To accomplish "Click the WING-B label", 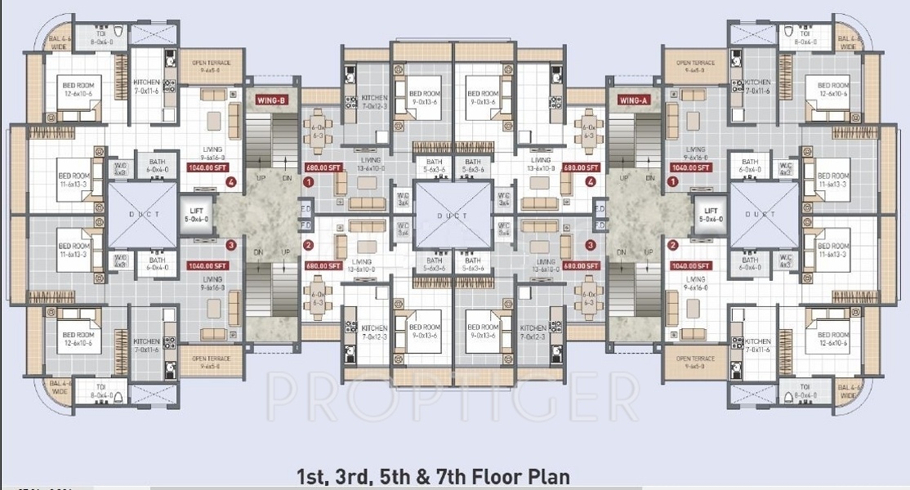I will (x=270, y=100).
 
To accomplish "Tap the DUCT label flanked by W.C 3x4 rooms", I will (x=454, y=216).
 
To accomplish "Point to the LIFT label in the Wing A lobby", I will (x=710, y=216).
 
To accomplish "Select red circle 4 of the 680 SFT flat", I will (x=591, y=182).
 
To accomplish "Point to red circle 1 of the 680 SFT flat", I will (x=308, y=183).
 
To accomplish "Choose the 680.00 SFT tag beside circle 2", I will (x=323, y=265).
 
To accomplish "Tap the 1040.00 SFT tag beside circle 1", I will (x=690, y=167).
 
